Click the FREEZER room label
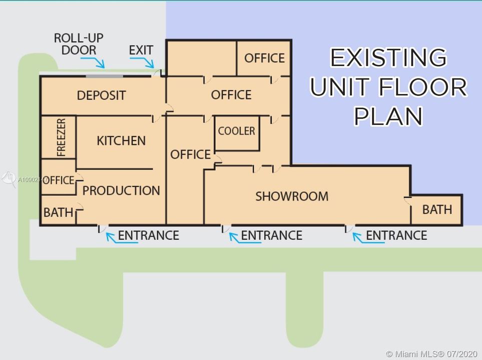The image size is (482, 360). pyautogui.click(x=62, y=137)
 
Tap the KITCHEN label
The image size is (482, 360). pyautogui.click(x=121, y=141)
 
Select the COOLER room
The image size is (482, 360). pyautogui.click(x=237, y=133)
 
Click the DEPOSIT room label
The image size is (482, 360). pyautogui.click(x=102, y=95)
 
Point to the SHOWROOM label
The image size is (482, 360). pyautogui.click(x=292, y=196)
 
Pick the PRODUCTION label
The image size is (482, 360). pyautogui.click(x=121, y=191)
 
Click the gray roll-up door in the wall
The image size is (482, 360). pyautogui.click(x=104, y=76)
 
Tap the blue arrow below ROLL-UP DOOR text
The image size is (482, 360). pyautogui.click(x=93, y=61)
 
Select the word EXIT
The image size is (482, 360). pyautogui.click(x=141, y=50)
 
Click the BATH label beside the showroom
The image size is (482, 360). pyautogui.click(x=437, y=210)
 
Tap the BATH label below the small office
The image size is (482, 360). pyautogui.click(x=59, y=212)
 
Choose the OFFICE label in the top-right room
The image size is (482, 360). pyautogui.click(x=265, y=58)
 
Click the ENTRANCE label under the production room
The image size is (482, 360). pyautogui.click(x=149, y=235)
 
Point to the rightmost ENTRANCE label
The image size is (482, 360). pyautogui.click(x=396, y=235)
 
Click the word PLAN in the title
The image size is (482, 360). pyautogui.click(x=389, y=116)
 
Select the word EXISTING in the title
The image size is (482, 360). pyautogui.click(x=388, y=57)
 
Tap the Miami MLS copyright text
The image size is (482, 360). pyautogui.click(x=431, y=353)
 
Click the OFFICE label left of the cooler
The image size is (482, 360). pyautogui.click(x=191, y=154)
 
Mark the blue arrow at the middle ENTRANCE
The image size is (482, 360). pyautogui.click(x=245, y=238)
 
